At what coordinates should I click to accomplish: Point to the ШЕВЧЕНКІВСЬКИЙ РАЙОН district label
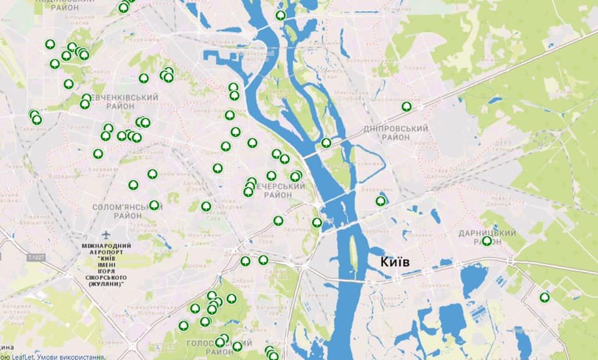click(121, 102)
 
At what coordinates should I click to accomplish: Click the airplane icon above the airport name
click(106, 235)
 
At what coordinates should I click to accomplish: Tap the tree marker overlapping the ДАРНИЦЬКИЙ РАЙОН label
click(486, 240)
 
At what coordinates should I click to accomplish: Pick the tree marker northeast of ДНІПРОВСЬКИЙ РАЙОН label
click(407, 107)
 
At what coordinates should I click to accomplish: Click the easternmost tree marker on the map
click(545, 297)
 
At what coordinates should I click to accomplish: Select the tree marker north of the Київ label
click(381, 201)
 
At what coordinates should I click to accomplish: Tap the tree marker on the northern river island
click(281, 15)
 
